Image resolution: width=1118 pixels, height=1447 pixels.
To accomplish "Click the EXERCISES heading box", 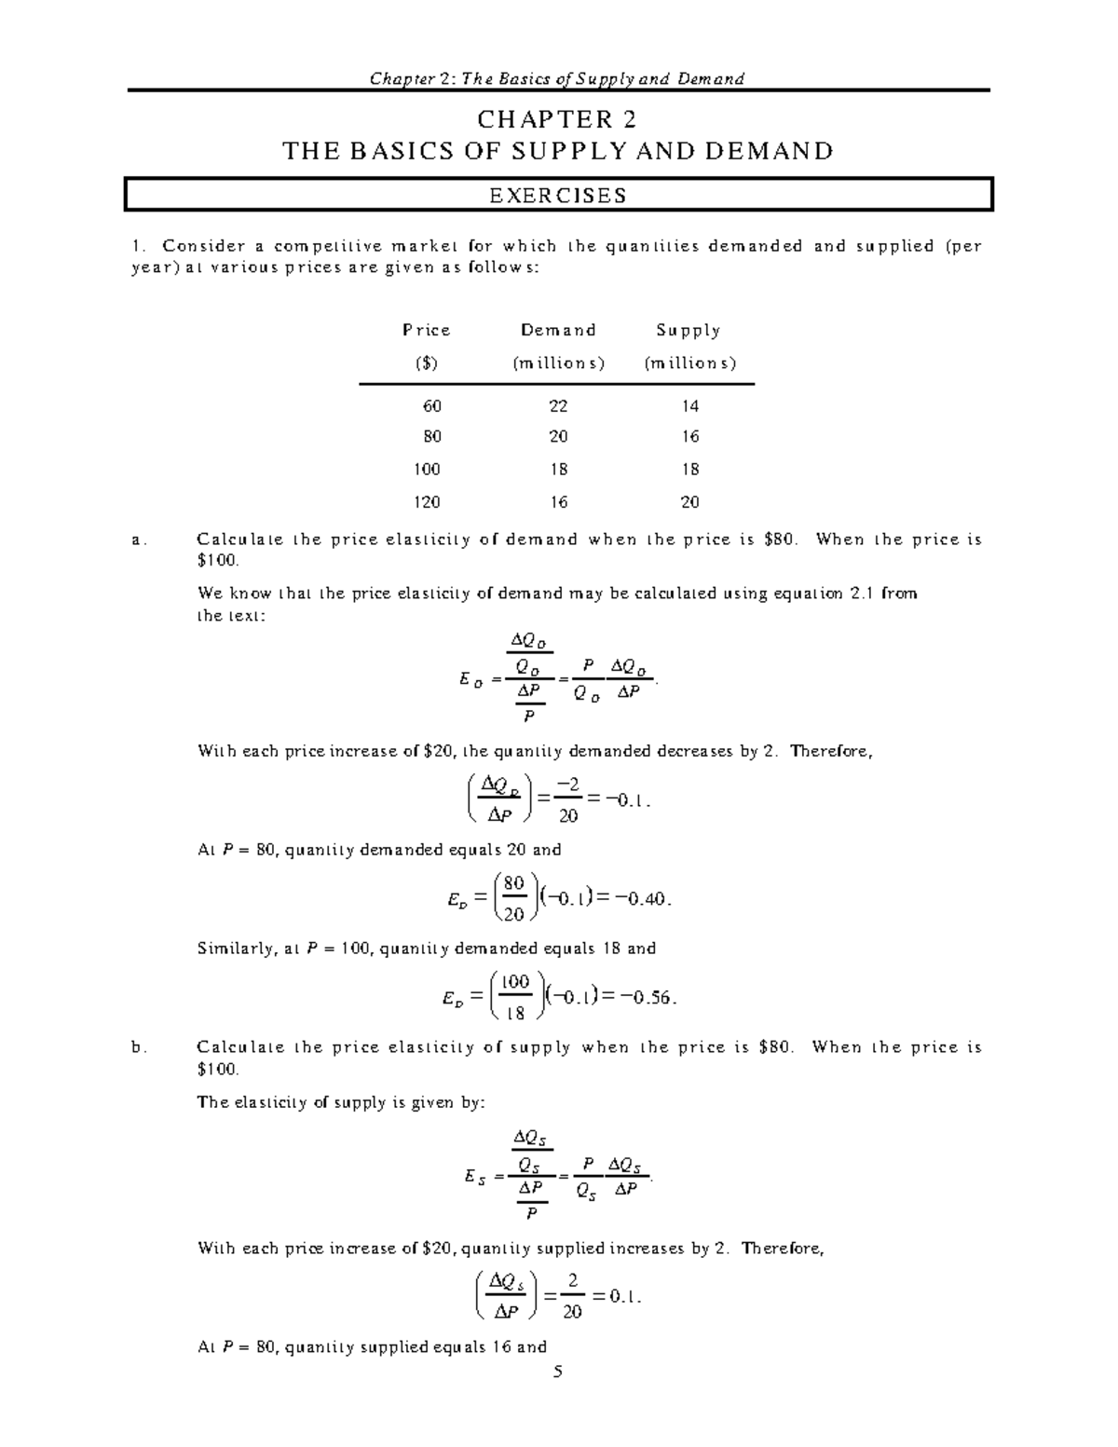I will (559, 196).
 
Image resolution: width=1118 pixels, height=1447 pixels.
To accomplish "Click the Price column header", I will (426, 331).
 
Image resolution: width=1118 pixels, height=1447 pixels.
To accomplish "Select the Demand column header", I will (558, 331).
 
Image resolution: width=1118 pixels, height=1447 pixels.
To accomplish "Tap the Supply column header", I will (689, 331).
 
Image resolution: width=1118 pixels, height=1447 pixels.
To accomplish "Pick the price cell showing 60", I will (430, 406).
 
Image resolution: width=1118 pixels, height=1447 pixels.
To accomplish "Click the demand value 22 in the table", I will (558, 406).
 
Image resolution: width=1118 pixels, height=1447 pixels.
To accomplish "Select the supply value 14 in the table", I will (689, 406).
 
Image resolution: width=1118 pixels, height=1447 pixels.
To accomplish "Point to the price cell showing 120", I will (427, 502).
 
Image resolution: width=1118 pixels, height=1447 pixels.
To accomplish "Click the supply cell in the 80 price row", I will (689, 437).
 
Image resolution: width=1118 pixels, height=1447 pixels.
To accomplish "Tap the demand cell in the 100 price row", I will (558, 470).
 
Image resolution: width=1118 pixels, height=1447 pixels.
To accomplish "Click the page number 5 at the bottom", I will (558, 1372).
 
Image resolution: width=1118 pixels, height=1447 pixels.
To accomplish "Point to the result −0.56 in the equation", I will (648, 998).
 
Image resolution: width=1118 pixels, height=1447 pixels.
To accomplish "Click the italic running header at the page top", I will (557, 78).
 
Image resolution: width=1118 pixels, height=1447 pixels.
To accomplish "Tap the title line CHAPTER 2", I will (557, 120).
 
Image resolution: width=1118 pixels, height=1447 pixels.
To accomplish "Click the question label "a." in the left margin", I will (139, 540).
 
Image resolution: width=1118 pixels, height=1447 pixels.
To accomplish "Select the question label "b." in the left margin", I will (139, 1047).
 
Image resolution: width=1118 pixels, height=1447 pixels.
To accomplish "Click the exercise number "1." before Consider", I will (139, 247).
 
